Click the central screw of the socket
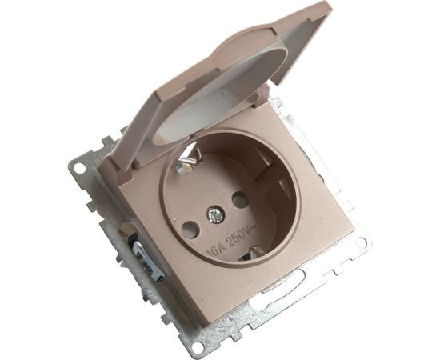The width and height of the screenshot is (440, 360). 215,215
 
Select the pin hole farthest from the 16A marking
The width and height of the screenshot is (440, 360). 241,200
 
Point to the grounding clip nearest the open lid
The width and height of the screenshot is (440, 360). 187,162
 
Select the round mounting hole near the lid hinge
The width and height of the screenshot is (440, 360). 79,169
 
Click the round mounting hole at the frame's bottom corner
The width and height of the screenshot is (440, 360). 198,345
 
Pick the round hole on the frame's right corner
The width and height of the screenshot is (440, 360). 361,242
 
